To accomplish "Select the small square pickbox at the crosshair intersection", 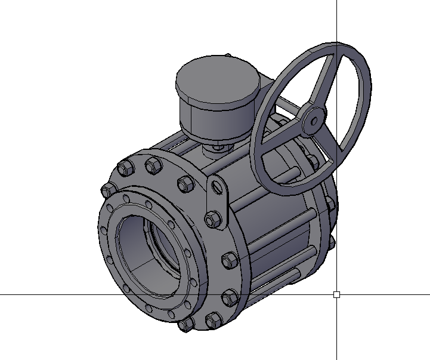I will pos(337,294).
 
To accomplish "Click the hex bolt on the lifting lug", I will pos(212,219).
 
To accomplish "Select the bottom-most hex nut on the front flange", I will pos(186,325).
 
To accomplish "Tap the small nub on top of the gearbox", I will pos(227,56).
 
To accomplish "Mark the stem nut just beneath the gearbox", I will pos(218,147).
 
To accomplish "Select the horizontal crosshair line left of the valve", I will pos(48,294).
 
